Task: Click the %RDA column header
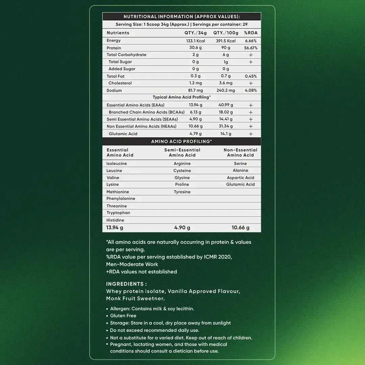click(250, 33)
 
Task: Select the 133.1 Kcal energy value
click(196, 41)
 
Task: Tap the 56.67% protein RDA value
click(251, 48)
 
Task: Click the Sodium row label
click(114, 91)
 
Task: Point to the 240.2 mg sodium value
click(226, 91)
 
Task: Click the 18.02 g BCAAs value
click(226, 112)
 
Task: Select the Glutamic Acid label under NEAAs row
click(123, 134)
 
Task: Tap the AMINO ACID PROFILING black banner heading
click(181, 142)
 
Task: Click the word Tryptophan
click(118, 213)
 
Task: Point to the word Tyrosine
click(182, 192)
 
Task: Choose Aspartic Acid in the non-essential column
click(240, 178)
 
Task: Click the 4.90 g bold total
click(182, 228)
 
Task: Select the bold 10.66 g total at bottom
click(240, 228)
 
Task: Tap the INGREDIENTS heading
click(126, 284)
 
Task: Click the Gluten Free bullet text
click(123, 316)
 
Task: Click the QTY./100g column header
click(226, 33)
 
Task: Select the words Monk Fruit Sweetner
click(136, 298)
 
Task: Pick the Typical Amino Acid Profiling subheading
click(181, 97)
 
